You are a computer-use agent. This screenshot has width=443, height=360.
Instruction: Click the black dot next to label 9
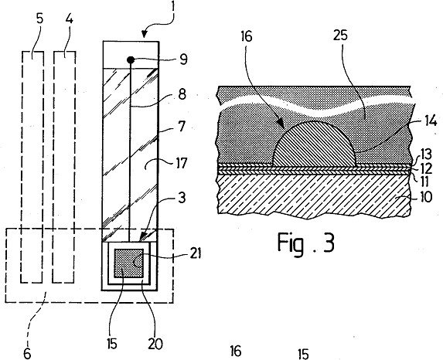pos(131,59)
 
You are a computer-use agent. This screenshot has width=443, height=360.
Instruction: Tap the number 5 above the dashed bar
pos(40,19)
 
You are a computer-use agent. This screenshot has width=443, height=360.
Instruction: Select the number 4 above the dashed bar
pos(70,19)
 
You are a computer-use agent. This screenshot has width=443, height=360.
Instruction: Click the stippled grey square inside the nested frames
pos(128,263)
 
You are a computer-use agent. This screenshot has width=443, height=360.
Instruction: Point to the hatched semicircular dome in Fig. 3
pos(314,144)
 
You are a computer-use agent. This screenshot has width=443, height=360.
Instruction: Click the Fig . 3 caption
pos(306,243)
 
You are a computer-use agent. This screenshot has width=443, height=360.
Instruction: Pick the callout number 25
pos(341,36)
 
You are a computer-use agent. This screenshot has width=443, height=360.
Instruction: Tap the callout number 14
pos(431,121)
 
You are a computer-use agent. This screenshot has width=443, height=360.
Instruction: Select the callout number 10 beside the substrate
pos(426,196)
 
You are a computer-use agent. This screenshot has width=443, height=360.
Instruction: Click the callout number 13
pos(425,155)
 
